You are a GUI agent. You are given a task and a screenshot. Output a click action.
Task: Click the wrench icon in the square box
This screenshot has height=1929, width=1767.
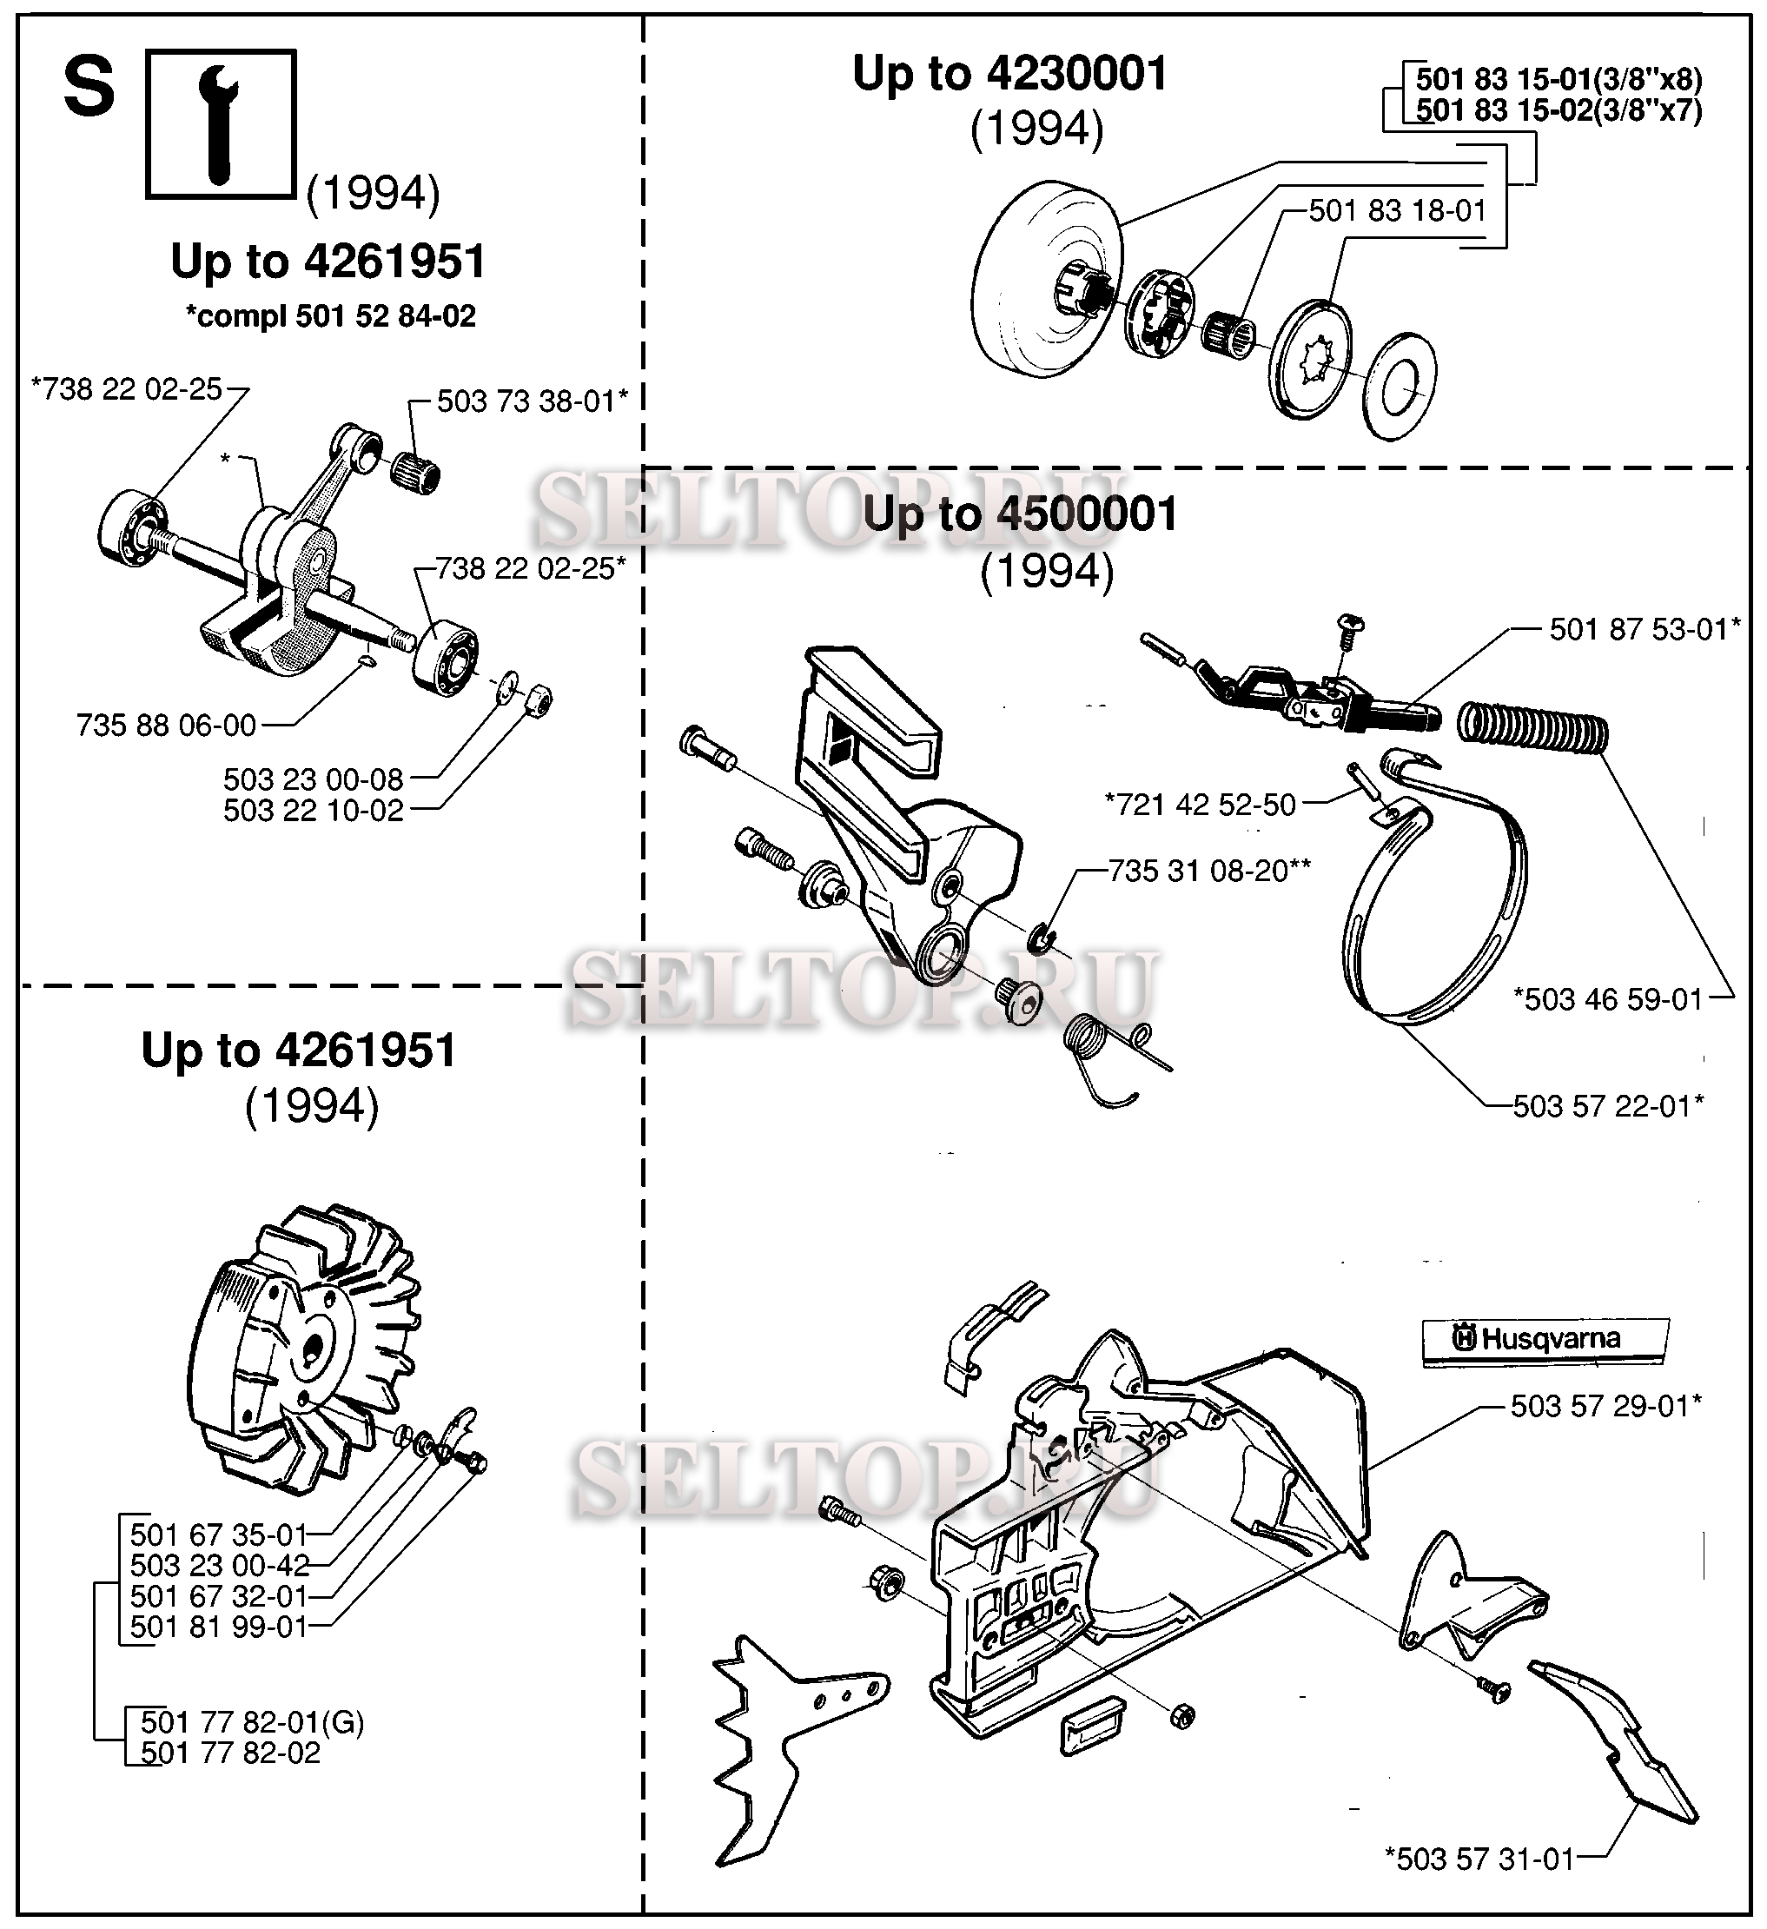pyautogui.click(x=221, y=124)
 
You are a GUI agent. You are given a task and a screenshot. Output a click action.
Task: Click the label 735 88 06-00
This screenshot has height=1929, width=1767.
pyautogui.click(x=167, y=726)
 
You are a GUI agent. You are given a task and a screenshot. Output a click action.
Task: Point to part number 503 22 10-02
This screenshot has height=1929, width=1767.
pyautogui.click(x=313, y=811)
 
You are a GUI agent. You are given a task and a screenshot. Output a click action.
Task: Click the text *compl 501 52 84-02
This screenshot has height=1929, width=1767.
pyautogui.click(x=330, y=315)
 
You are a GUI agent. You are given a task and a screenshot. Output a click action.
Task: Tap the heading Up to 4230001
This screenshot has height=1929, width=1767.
pyautogui.click(x=1009, y=74)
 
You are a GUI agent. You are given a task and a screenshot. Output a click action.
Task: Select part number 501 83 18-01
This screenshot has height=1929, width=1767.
pyautogui.click(x=1397, y=210)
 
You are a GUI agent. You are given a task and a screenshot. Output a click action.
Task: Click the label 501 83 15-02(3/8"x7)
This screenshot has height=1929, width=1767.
pyautogui.click(x=1559, y=111)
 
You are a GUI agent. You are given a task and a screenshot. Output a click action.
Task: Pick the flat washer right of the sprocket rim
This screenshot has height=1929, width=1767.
pyautogui.click(x=1400, y=385)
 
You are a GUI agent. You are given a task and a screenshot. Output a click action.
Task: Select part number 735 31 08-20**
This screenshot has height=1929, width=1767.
pyautogui.click(x=1209, y=871)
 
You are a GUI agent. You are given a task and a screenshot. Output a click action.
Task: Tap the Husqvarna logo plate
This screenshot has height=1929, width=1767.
pyautogui.click(x=1545, y=1337)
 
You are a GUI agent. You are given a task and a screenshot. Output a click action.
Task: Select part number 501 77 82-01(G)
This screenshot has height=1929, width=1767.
pyautogui.click(x=253, y=1722)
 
